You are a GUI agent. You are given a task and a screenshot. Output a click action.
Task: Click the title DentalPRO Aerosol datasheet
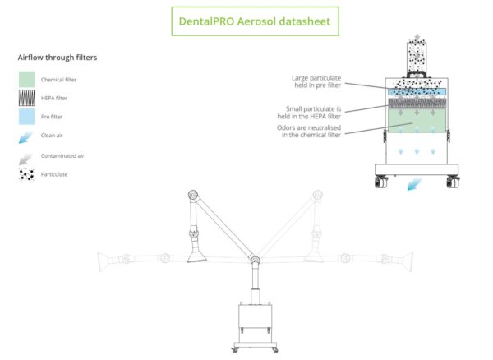[255, 21]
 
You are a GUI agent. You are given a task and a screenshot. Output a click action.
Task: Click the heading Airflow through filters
[58, 58]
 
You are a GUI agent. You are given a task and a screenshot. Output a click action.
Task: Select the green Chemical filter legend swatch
[26, 79]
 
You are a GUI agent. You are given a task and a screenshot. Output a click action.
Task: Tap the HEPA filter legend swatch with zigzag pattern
[26, 98]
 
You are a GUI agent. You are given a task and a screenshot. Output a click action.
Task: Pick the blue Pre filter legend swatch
[26, 117]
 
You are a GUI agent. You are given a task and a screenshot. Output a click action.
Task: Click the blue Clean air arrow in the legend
[26, 136]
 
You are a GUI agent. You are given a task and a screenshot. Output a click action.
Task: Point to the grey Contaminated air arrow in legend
[26, 155]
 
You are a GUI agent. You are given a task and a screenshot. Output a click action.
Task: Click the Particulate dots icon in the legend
[26, 174]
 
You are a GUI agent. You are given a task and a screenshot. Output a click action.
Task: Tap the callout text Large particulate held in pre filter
[316, 82]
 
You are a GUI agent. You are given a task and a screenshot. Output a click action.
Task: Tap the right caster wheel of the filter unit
[453, 182]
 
